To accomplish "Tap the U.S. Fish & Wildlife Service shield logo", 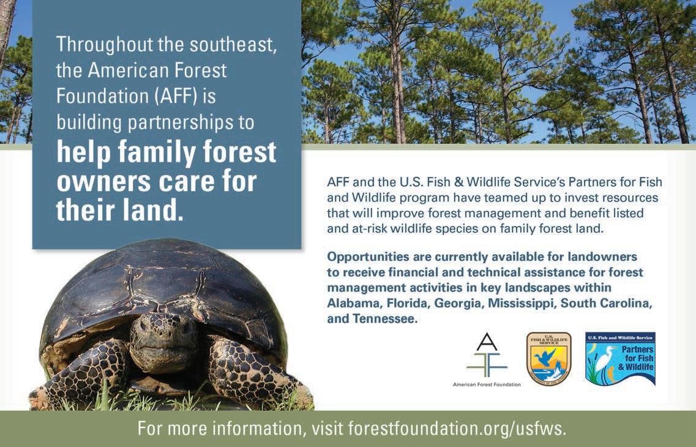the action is pyautogui.click(x=548, y=359).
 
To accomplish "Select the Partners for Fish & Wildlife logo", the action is pyautogui.click(x=620, y=359).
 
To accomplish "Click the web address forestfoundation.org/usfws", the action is pyautogui.click(x=457, y=429).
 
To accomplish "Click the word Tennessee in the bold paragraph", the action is pyautogui.click(x=385, y=318).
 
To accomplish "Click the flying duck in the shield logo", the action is pyautogui.click(x=545, y=356).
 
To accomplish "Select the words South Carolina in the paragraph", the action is pyautogui.click(x=607, y=303).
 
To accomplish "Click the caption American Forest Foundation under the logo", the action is pyautogui.click(x=487, y=385).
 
